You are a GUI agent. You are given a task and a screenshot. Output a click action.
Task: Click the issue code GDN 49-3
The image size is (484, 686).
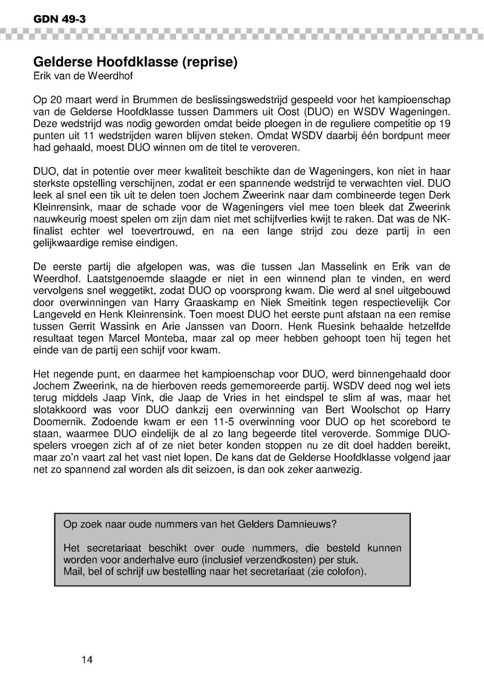(x=51, y=19)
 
